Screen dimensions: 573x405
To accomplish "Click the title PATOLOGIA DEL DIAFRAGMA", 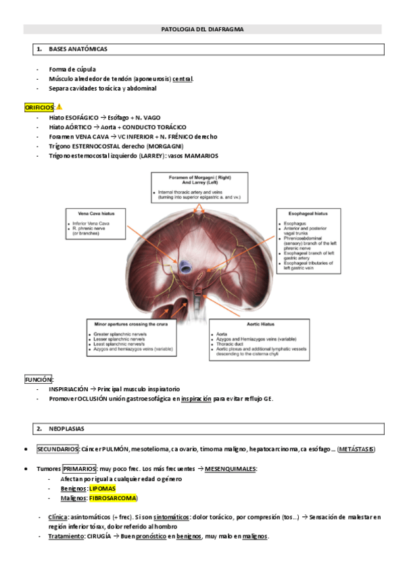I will (203, 30).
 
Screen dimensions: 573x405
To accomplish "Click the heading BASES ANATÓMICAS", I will (78, 49).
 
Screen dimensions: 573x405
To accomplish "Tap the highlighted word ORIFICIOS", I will (39, 107).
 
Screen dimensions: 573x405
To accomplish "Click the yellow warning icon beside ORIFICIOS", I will (59, 107).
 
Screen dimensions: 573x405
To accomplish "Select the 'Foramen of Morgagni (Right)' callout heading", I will (201, 177).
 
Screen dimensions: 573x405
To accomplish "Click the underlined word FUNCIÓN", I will (39, 380).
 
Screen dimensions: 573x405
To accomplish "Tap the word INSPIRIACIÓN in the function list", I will (68, 389).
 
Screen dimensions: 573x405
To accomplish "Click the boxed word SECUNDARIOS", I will (57, 449).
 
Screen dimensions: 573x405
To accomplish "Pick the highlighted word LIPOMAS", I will (102, 488).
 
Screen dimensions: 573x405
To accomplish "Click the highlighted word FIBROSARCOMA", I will (112, 498).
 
